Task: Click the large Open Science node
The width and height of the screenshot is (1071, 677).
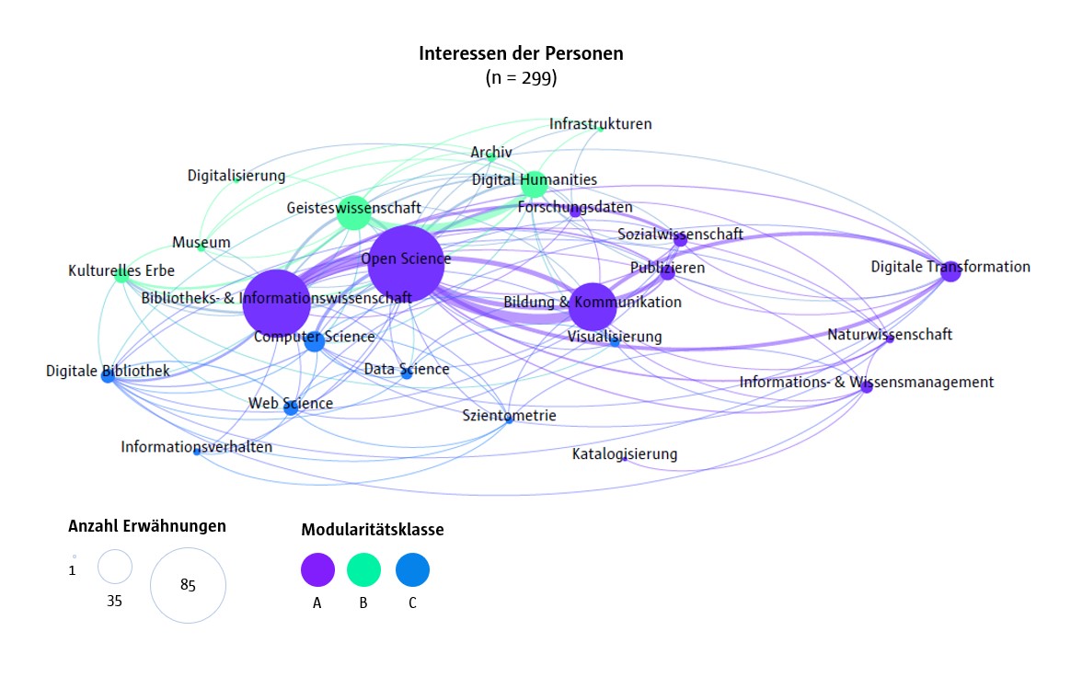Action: click(406, 264)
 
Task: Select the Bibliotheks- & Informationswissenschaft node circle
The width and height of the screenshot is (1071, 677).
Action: click(277, 303)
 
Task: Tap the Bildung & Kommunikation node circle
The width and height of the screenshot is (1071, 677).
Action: click(593, 305)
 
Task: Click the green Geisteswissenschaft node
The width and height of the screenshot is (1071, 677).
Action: click(352, 212)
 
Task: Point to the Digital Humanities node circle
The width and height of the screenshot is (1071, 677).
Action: click(534, 185)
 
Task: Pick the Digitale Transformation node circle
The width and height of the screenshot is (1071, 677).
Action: click(950, 271)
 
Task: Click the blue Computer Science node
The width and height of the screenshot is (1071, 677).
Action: click(314, 341)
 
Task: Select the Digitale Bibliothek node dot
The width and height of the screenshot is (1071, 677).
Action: click(108, 375)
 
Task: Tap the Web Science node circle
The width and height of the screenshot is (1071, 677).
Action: click(291, 407)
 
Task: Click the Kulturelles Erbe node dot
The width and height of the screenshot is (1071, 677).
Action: click(121, 275)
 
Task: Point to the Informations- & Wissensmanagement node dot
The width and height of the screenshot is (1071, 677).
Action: click(866, 387)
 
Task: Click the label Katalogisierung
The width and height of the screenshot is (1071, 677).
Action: click(625, 454)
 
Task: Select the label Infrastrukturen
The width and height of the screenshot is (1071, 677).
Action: click(600, 124)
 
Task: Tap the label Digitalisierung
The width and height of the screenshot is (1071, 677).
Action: click(236, 176)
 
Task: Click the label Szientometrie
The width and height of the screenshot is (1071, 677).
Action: click(510, 416)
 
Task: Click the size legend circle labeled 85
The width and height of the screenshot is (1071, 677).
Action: click(188, 585)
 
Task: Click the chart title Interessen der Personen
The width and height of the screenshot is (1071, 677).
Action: click(521, 54)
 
